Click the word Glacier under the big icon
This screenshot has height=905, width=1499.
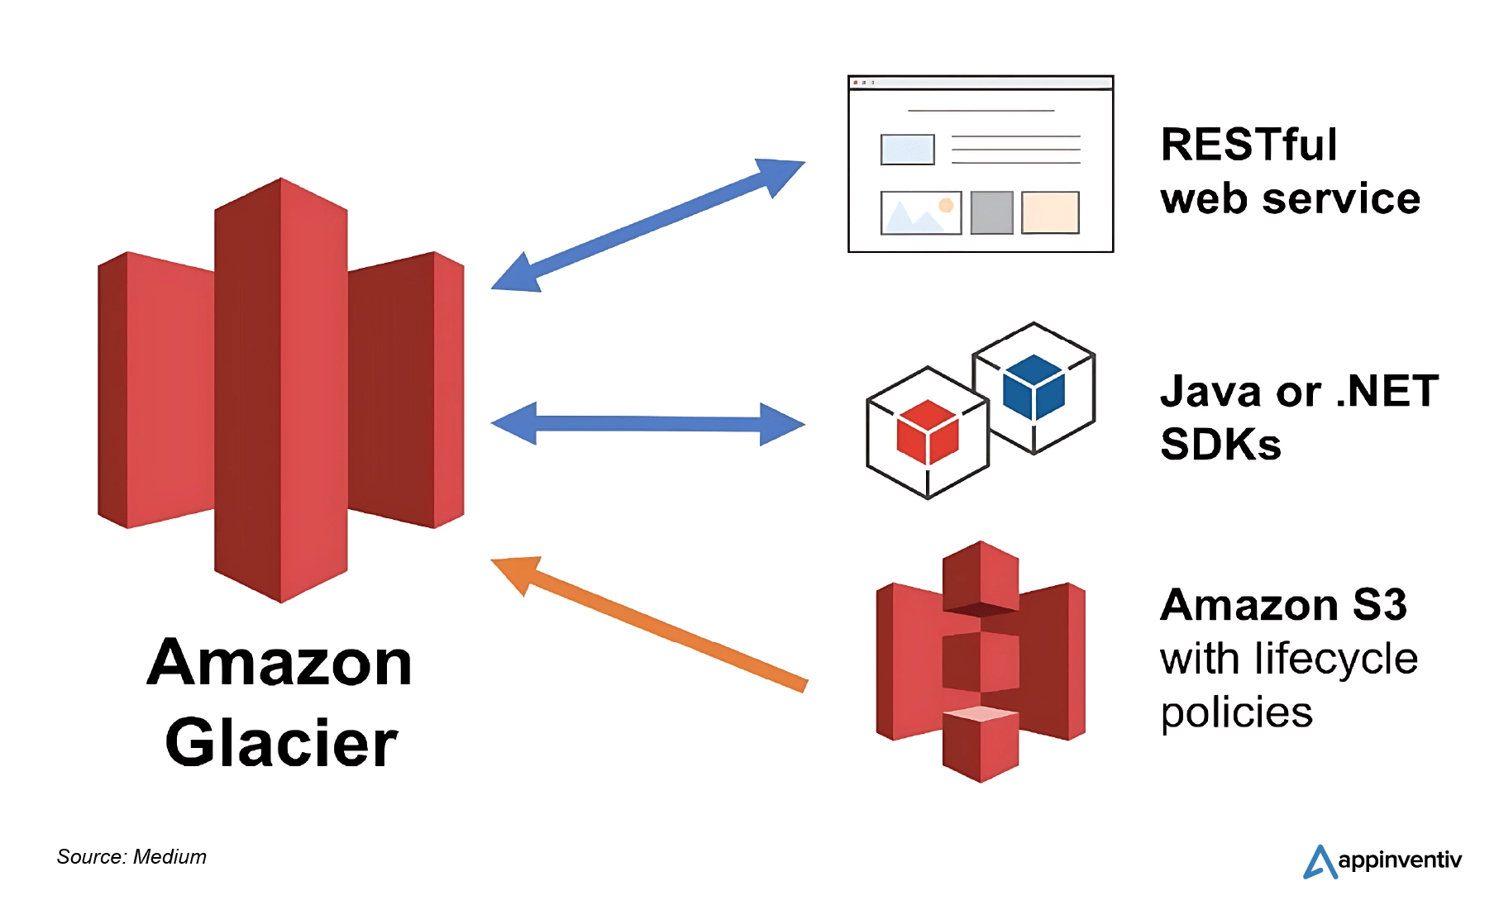point(281,742)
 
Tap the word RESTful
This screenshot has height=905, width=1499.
point(1248,145)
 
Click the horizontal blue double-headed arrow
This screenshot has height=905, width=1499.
point(647,424)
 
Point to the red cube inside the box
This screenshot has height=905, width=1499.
point(927,431)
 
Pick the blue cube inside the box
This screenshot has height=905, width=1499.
point(1033,386)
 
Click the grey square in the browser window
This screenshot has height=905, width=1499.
point(991,212)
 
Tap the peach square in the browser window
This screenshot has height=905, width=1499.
point(1050,212)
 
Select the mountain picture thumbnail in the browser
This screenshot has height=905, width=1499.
point(920,213)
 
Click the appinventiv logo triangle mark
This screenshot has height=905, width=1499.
point(1320,862)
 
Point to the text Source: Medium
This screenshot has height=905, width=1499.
point(131,857)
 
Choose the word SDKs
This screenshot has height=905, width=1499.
point(1220,445)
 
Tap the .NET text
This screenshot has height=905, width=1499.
point(1387,391)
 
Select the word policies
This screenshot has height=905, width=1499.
point(1236,712)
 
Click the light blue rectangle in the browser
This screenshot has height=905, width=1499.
point(907,150)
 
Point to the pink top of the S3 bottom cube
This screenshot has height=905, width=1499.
point(981,713)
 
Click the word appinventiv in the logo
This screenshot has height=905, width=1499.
point(1399,860)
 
